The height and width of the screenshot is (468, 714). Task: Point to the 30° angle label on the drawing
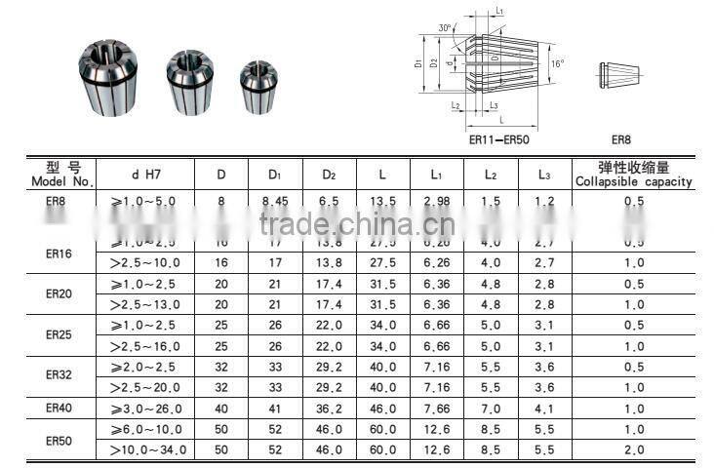tap(446, 28)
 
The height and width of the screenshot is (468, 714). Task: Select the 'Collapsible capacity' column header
tap(633, 175)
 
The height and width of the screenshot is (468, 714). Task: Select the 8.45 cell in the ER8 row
tap(277, 201)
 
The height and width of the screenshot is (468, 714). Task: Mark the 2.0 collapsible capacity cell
tap(634, 449)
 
